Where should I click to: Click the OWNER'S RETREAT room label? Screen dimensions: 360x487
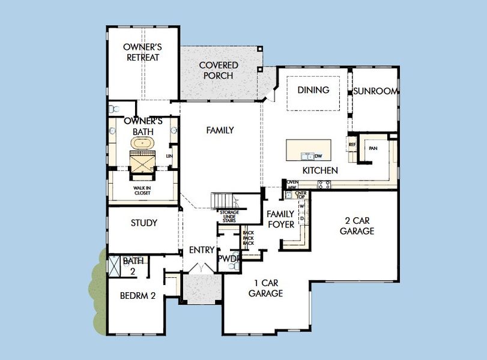(x=142, y=52)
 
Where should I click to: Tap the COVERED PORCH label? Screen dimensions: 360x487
(x=219, y=70)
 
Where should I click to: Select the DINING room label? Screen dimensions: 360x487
(x=313, y=90)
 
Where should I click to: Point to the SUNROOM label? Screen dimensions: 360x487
(x=375, y=91)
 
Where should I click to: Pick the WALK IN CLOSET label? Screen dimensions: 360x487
(x=142, y=190)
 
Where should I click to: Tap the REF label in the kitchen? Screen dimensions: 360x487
(x=352, y=145)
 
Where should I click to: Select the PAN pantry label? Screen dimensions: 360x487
(x=373, y=148)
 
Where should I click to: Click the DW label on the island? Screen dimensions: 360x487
(x=318, y=157)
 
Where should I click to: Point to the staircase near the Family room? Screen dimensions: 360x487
(x=220, y=200)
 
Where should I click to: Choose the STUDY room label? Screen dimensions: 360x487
(x=144, y=223)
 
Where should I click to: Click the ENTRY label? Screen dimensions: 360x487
(x=201, y=250)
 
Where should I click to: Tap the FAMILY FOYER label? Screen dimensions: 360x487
(x=280, y=219)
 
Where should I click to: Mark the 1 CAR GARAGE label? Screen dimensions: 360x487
(x=265, y=289)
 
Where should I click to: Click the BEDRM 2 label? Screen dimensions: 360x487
(x=138, y=295)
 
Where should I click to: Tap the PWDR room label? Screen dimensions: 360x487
(x=229, y=259)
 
